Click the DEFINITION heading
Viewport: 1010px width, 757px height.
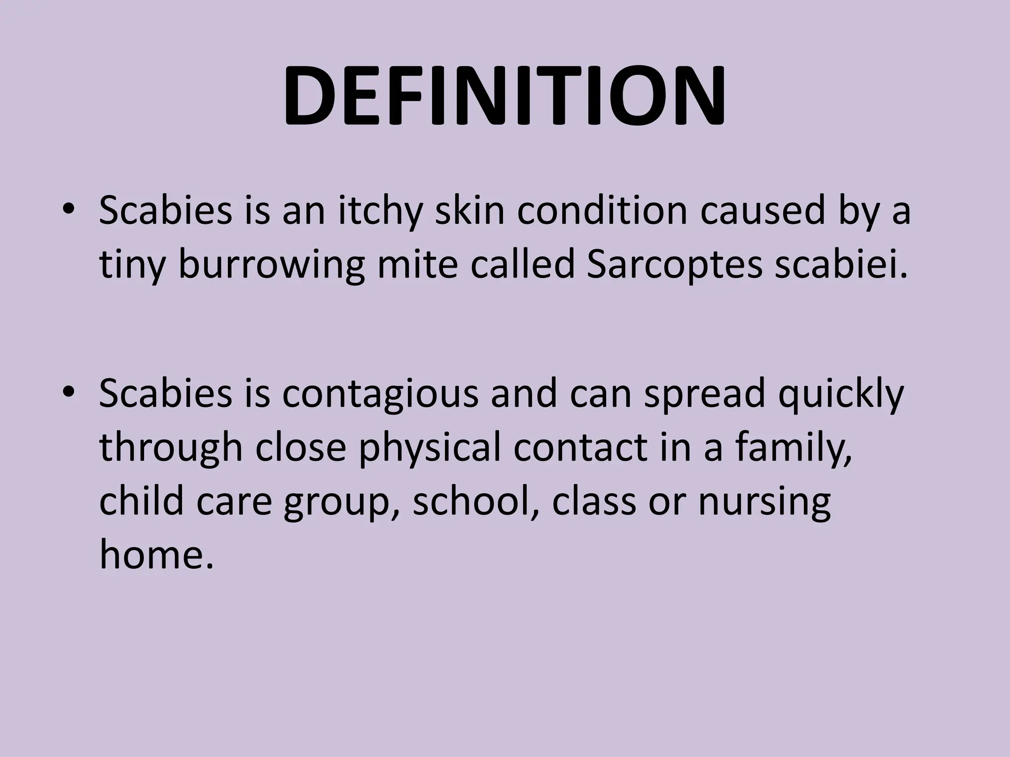pos(504,96)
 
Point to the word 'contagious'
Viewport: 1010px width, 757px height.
pos(380,394)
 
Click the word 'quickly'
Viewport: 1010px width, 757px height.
pos(841,394)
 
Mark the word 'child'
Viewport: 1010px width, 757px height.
pos(141,501)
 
